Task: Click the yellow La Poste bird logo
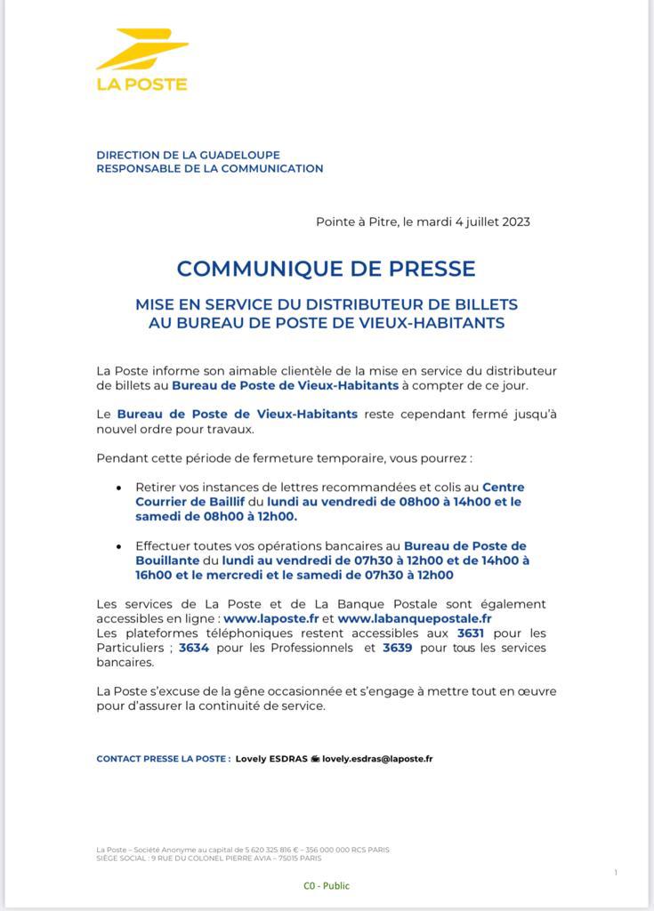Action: tap(141, 51)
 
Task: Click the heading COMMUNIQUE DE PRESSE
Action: tap(326, 268)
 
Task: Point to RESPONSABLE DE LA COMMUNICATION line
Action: tap(209, 168)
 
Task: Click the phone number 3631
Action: tap(471, 633)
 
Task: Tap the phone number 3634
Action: tap(193, 648)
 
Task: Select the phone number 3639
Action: tap(397, 648)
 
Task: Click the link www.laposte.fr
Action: tap(270, 617)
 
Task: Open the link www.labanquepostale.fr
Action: tap(415, 617)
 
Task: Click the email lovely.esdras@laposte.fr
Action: tap(377, 759)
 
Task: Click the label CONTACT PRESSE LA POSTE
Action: tap(164, 759)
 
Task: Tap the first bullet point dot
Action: tap(118, 488)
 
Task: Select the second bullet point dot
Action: tap(118, 547)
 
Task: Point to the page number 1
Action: tap(615, 873)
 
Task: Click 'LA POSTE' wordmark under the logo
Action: tap(141, 85)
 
